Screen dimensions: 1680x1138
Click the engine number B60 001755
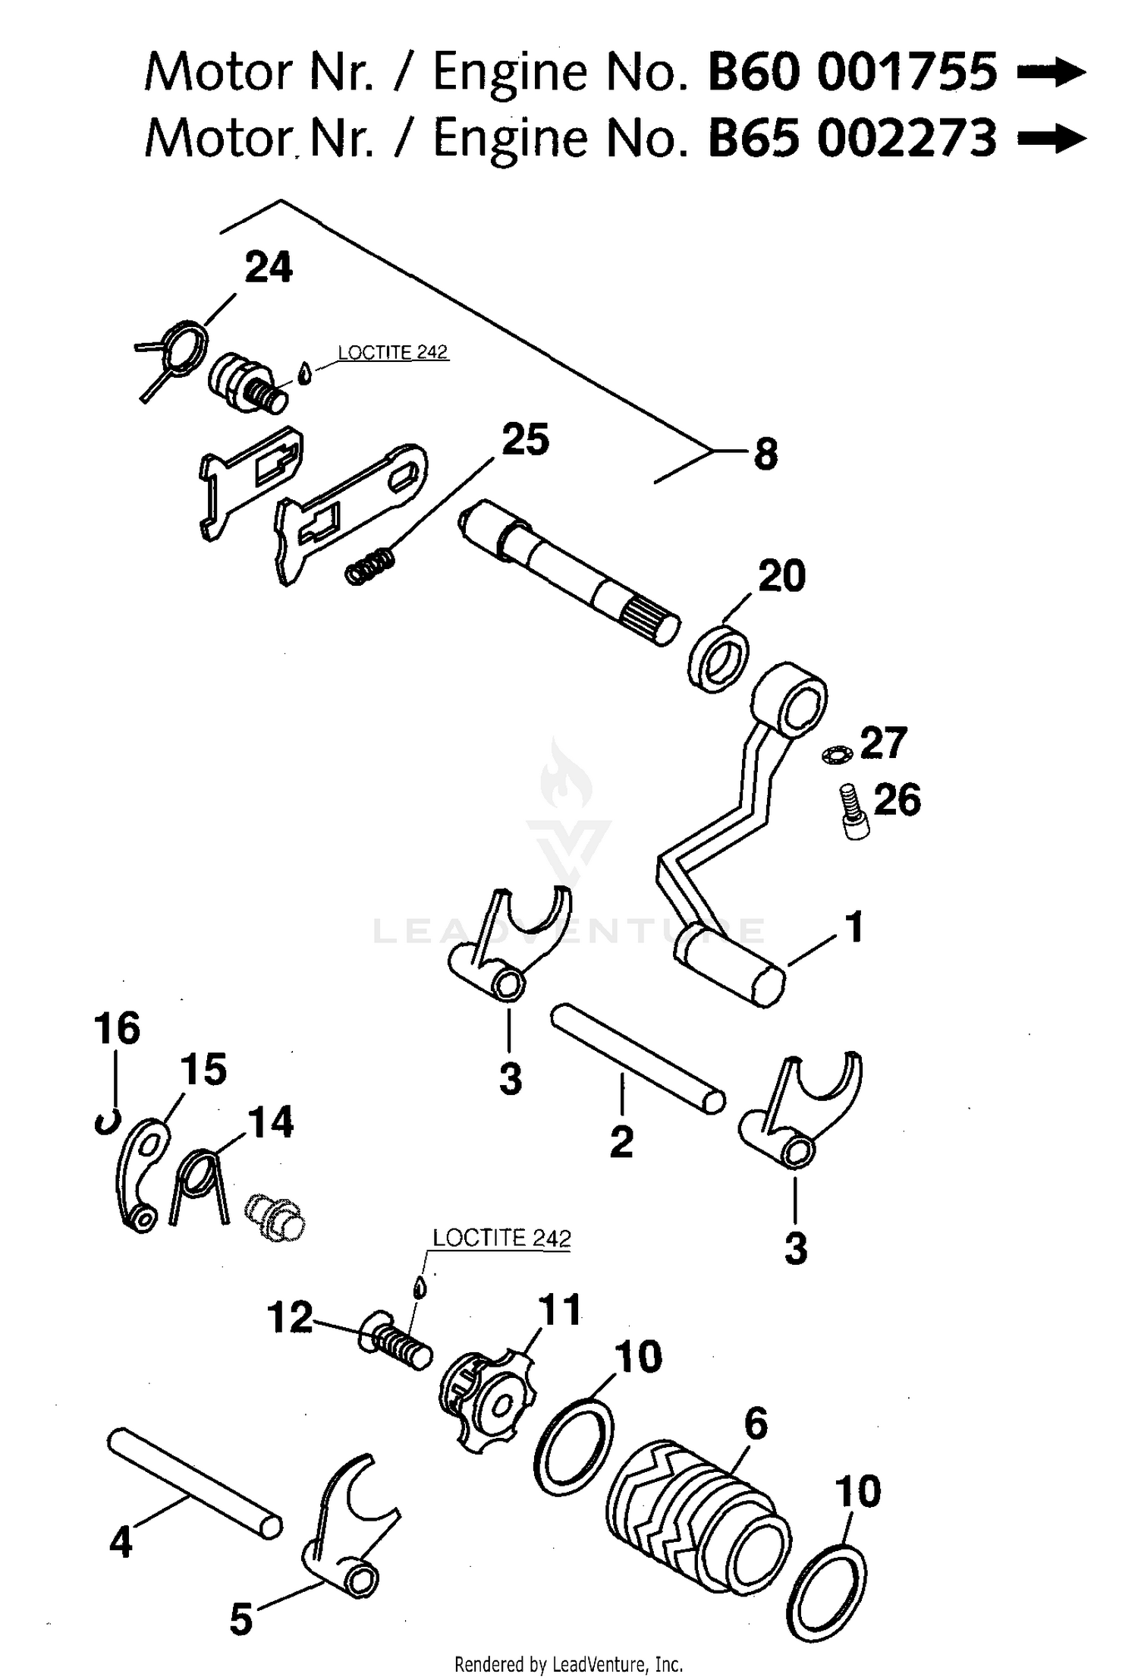(x=851, y=73)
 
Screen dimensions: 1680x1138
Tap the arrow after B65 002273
(x=1051, y=138)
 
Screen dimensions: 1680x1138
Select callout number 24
(x=269, y=269)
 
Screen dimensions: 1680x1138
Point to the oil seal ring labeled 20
(x=718, y=657)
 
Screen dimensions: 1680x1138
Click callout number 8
(x=765, y=455)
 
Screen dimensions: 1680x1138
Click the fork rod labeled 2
(x=637, y=1058)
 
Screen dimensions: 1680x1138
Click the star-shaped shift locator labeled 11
(x=486, y=1401)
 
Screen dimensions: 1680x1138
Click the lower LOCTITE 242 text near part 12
(x=501, y=1238)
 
